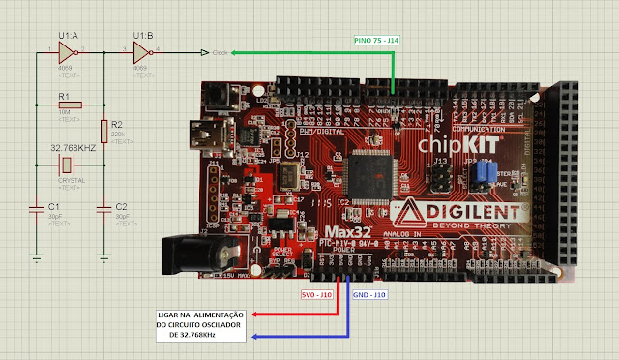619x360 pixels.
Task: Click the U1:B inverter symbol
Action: pos(141,52)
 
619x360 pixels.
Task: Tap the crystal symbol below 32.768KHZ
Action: pos(68,167)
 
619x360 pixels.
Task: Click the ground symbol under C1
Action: pos(36,256)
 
